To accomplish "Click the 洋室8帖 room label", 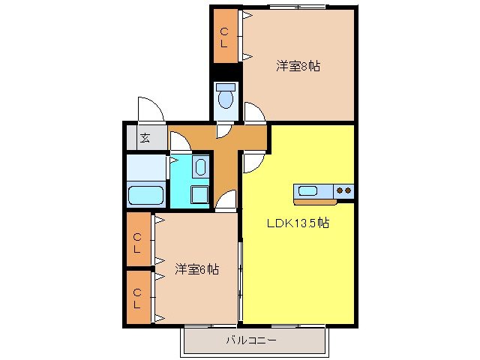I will pyautogui.click(x=298, y=66).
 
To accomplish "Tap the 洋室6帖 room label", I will pyautogui.click(x=197, y=268).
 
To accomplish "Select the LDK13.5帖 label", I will pyautogui.click(x=298, y=223).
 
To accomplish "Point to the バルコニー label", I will pyautogui.click(x=251, y=340).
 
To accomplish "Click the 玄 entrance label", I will pyautogui.click(x=145, y=138).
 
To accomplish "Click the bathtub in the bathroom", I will pyautogui.click(x=146, y=195).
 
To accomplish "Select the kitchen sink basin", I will pyautogui.click(x=308, y=190).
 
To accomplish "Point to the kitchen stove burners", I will pyautogui.click(x=343, y=190).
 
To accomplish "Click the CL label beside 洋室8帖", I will pyautogui.click(x=224, y=37).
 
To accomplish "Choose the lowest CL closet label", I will pyautogui.click(x=138, y=298).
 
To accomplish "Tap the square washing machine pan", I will pyautogui.click(x=199, y=195).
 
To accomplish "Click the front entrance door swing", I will pyautogui.click(x=150, y=109).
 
